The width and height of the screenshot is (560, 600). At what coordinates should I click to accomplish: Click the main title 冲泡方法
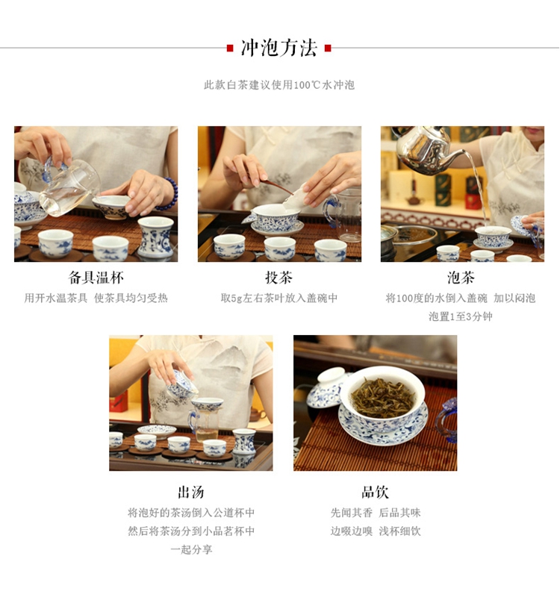coord(279,48)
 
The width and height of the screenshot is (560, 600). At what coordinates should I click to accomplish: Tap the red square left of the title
coord(230,49)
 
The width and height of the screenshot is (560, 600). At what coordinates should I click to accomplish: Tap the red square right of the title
coord(328,49)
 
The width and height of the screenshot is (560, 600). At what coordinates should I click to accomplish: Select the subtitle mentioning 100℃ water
coord(279,84)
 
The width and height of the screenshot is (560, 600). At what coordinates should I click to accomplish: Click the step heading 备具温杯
coord(96,278)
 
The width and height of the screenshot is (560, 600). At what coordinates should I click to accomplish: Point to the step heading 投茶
coord(279,278)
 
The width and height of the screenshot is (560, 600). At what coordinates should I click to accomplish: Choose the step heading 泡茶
coord(461,278)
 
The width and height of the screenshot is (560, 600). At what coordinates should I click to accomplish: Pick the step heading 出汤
coord(191,492)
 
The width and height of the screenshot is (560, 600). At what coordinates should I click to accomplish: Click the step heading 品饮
coord(375,492)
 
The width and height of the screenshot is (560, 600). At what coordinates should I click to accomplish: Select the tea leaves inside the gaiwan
coord(383,397)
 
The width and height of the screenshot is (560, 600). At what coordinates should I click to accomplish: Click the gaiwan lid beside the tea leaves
coord(326,387)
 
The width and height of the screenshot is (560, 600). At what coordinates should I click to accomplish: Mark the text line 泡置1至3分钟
coord(461,316)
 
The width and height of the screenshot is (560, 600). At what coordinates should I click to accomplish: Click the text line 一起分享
coord(191,549)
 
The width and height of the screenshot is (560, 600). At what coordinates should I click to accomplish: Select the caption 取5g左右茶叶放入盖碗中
coord(279,298)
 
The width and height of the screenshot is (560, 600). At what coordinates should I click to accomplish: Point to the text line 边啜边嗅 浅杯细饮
coord(376,531)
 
